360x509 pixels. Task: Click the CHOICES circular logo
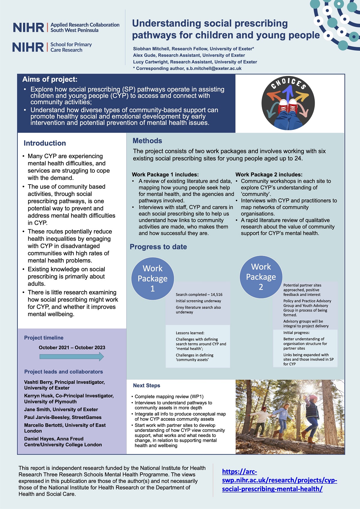(288, 103)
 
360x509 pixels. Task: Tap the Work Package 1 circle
(152, 278)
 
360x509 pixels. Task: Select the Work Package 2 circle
(261, 277)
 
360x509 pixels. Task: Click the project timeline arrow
(72, 357)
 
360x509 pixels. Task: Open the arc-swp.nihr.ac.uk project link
(279, 480)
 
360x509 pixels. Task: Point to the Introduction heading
(45, 143)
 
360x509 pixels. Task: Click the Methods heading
(147, 141)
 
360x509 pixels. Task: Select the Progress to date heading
(158, 247)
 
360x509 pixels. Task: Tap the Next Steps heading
(147, 385)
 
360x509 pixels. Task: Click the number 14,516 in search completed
(216, 294)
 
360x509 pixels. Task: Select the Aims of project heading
(50, 79)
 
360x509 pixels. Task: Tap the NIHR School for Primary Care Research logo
(52, 47)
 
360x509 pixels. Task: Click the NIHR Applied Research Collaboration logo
(66, 27)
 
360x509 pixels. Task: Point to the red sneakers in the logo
(288, 107)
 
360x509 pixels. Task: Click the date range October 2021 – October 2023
(72, 348)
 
